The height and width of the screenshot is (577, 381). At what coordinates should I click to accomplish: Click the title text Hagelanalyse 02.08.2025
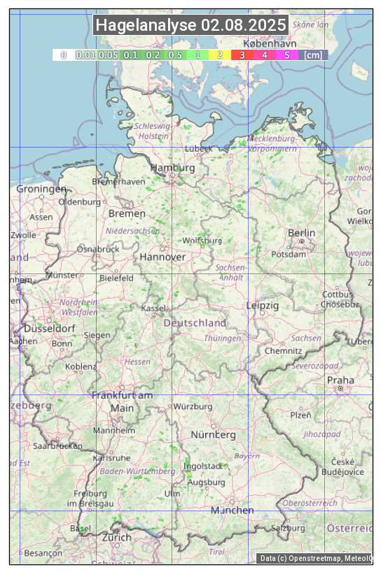pos(190,25)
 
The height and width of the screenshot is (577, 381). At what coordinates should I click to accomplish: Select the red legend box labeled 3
pos(242,55)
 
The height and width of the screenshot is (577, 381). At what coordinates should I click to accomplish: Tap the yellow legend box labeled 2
pos(220,55)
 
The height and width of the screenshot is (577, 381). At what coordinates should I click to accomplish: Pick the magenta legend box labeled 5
pos(286,55)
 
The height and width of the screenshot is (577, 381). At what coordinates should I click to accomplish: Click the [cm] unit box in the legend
pos(313,55)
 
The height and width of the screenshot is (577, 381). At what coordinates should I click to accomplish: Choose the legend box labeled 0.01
pos(85,55)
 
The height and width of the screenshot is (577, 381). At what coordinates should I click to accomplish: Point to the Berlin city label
pos(301,233)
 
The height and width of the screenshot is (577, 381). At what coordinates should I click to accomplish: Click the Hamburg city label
pos(172,169)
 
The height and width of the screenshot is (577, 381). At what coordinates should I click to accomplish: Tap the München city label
pos(233,511)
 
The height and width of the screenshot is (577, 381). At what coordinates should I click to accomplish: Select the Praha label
pos(340,380)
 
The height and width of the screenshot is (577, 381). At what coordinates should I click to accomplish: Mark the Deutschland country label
pos(195,323)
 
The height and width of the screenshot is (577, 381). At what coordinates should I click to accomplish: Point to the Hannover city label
pos(162,257)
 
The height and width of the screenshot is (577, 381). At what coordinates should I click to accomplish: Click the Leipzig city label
pos(263,306)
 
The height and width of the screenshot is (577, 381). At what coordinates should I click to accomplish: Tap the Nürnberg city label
pos(214,435)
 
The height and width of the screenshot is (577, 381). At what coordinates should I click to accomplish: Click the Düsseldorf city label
pos(49,329)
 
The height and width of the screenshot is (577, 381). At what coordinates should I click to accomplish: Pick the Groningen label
pos(41,189)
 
